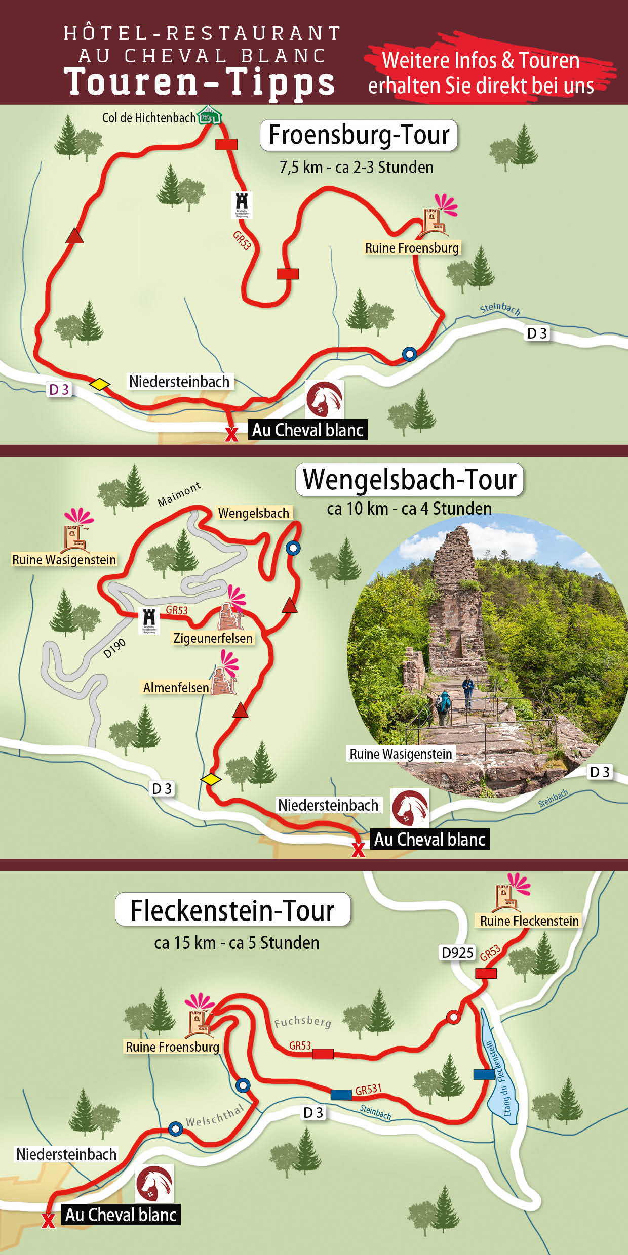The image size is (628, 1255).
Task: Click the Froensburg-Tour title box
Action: coord(359,135)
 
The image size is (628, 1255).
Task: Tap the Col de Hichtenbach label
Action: coord(148,118)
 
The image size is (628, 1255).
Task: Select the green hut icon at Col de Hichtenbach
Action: coord(209,115)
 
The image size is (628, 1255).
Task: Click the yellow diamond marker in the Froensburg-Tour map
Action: coord(100,384)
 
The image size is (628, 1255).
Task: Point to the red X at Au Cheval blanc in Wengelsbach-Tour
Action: coord(358,850)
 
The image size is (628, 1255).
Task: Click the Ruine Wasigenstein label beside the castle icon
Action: coord(64,560)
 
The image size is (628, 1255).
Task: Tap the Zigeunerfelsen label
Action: coord(213,638)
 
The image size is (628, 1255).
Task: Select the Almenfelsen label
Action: coord(176,688)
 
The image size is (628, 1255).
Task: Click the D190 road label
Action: coord(114,649)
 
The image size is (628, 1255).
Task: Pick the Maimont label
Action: coord(179,494)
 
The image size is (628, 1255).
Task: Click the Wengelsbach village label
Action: coord(253,513)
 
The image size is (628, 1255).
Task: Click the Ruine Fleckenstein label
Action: coord(529,921)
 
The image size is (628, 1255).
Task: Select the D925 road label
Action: coord(457,953)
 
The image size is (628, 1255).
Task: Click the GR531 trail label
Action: coord(368,1090)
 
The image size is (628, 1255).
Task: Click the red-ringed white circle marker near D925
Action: coord(453,1017)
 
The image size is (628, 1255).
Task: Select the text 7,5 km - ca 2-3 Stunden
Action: coord(357,168)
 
